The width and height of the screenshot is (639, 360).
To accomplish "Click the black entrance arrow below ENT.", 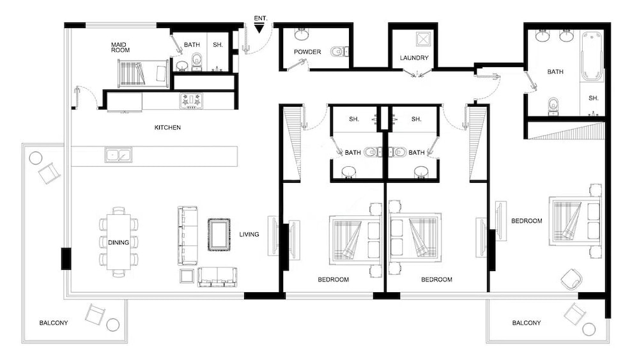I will point(259,28).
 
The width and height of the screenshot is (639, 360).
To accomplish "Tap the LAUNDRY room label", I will point(414,58).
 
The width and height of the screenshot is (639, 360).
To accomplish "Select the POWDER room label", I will point(307,52).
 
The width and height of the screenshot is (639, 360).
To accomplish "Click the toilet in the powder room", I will point(339,51).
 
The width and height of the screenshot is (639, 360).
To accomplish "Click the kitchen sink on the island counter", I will point(119,154).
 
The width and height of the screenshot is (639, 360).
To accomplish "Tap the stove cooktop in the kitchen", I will point(191,100).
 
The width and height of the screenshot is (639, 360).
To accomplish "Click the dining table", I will point(119,242).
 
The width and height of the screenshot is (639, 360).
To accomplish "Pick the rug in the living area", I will point(219,235).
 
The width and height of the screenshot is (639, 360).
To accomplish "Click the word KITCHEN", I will point(167,128).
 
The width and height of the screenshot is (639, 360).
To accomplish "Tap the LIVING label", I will point(249,235).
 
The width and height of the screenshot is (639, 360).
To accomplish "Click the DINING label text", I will point(119,242).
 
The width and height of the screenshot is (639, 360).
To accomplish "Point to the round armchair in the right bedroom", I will point(571,279).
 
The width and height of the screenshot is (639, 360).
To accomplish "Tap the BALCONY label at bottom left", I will point(53,323).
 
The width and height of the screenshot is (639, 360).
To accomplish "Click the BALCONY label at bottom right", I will point(527,323).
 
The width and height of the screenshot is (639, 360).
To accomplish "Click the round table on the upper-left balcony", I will point(35,158).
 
